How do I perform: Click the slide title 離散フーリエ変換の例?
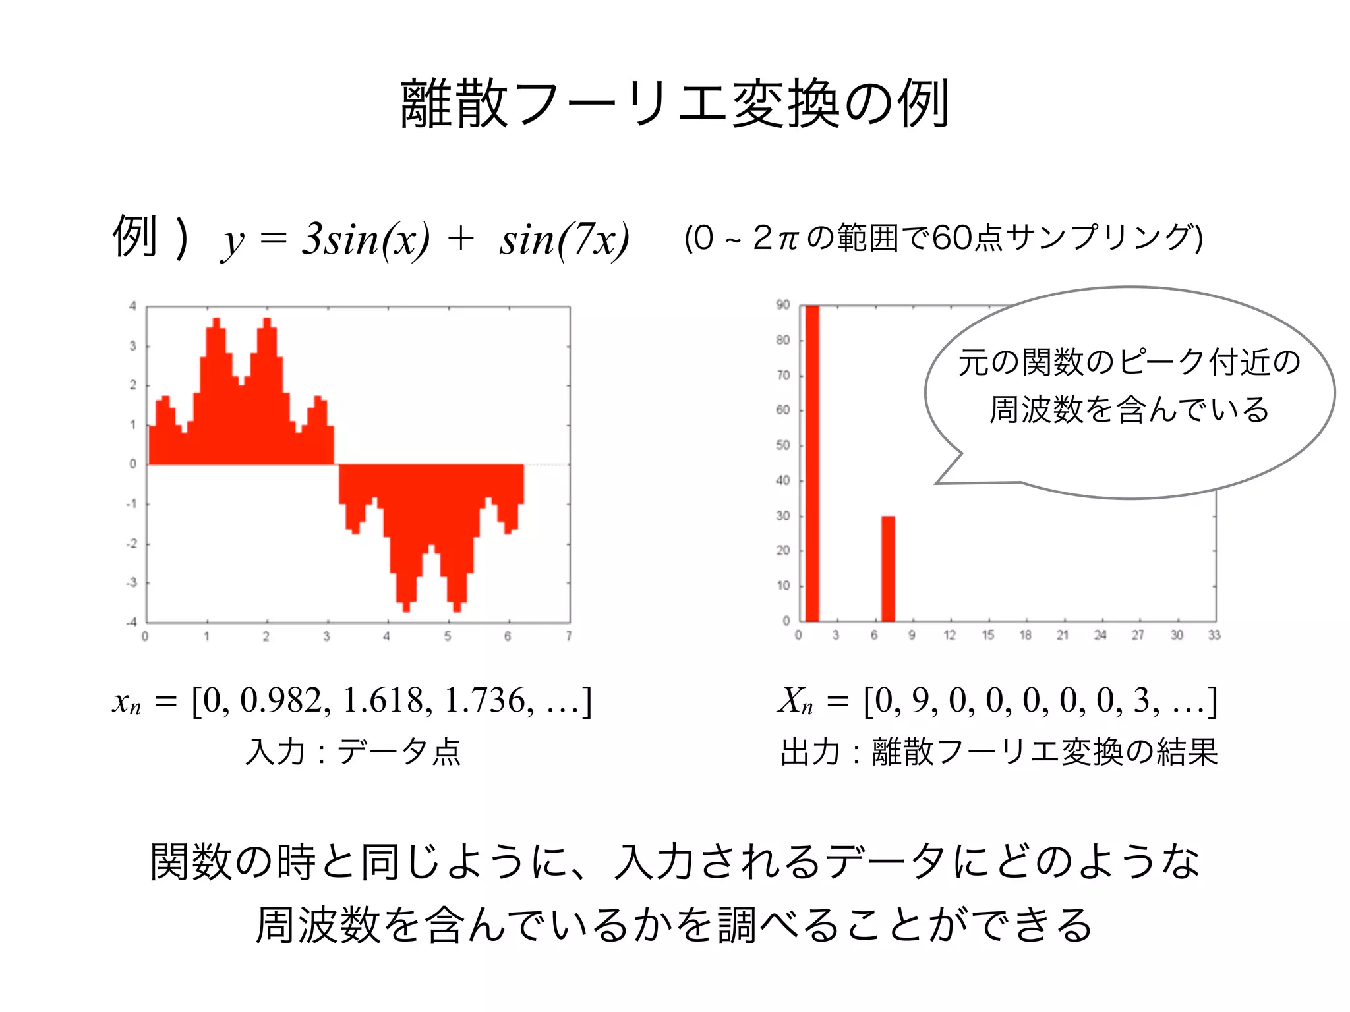[674, 103]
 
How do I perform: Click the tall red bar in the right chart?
[812, 461]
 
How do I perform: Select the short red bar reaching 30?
[888, 568]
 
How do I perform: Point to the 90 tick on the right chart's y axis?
[782, 305]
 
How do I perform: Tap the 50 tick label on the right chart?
[782, 445]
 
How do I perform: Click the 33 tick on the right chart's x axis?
[1214, 635]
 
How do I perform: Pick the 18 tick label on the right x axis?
[1025, 635]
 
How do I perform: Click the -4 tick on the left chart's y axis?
[132, 622]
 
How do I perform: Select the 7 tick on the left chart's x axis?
[568, 636]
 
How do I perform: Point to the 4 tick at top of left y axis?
[132, 306]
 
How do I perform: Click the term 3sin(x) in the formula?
[366, 239]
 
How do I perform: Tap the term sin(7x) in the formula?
[564, 240]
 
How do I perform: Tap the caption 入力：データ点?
[353, 752]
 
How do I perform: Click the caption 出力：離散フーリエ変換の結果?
[999, 752]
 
